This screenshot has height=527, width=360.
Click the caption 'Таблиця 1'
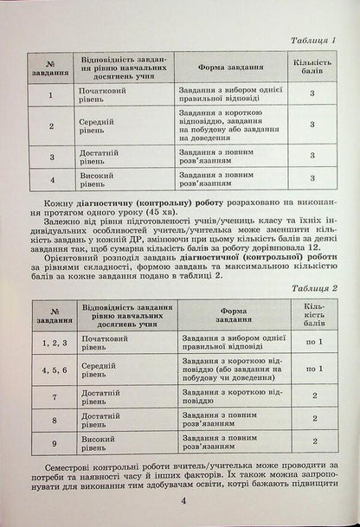(x=312, y=41)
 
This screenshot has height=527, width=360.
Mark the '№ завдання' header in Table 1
(x=51, y=66)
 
